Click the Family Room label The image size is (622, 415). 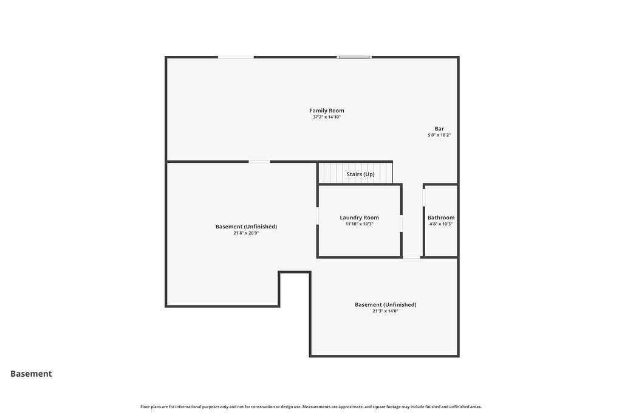point(326,111)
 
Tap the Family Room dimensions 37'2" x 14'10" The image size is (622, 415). point(326,117)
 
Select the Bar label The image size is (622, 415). point(439,129)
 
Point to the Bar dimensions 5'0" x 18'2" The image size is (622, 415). point(439,135)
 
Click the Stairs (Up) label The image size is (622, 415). point(360,174)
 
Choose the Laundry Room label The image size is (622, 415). point(359,218)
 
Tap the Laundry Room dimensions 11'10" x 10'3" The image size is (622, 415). point(359,224)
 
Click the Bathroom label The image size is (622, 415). point(441,218)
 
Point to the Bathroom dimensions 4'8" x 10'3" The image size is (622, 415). point(441,224)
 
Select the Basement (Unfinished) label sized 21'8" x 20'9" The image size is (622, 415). point(246,227)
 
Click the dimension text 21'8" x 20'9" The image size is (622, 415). point(246,233)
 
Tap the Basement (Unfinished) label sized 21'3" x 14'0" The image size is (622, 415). point(385,304)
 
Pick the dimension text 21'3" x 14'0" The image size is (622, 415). point(385,311)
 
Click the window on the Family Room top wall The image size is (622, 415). point(354,57)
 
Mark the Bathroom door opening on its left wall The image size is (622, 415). point(423,197)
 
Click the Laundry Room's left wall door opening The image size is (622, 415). point(317,216)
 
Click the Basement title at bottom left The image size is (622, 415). point(31,374)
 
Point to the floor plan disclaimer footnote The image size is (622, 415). point(311,406)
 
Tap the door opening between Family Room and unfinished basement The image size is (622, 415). point(259,162)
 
